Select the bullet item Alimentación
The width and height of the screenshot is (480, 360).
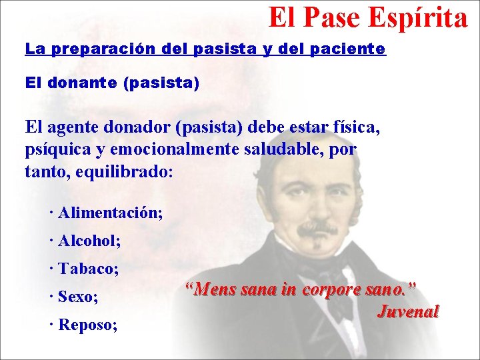tap(109, 213)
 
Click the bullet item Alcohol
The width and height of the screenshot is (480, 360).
tap(89, 241)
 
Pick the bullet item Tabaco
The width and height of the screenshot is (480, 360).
tap(88, 269)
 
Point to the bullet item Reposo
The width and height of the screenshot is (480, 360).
tap(87, 325)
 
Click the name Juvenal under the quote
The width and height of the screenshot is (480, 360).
tap(408, 311)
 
